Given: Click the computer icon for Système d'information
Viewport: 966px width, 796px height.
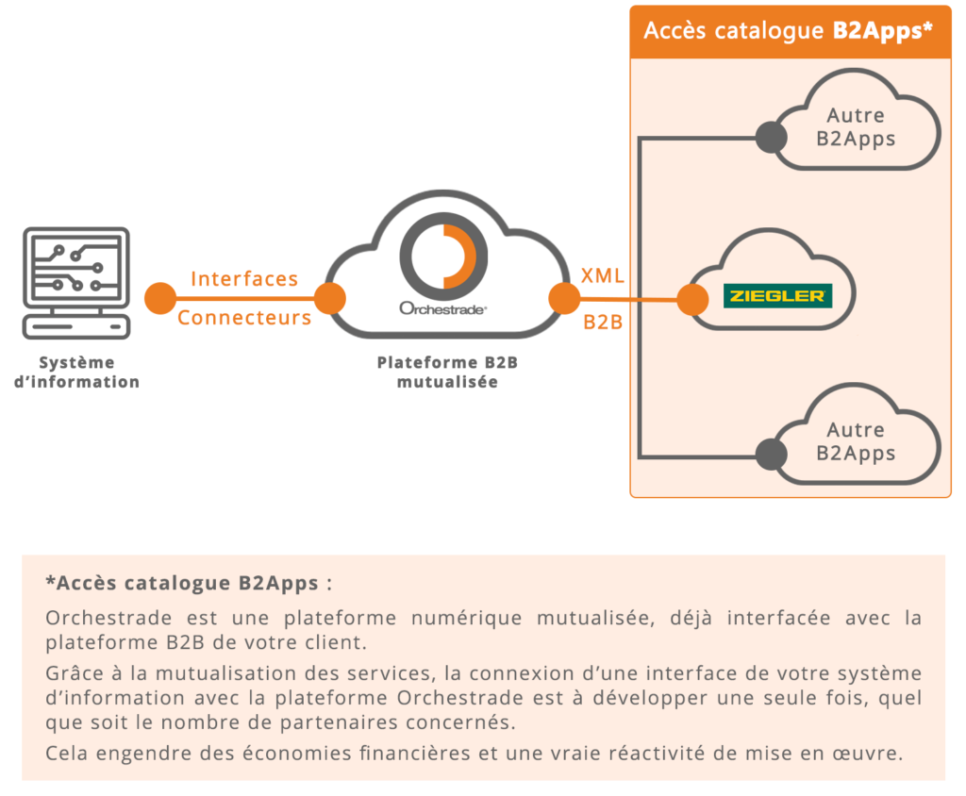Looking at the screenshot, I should tap(75, 282).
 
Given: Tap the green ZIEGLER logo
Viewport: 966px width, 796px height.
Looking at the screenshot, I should tap(777, 296).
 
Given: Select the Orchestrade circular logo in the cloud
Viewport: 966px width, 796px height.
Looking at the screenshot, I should tap(443, 256).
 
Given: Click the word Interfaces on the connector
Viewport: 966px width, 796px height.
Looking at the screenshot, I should tap(244, 279).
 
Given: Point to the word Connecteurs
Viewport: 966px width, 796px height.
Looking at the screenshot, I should tap(244, 318).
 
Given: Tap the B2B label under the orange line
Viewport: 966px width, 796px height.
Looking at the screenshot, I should tap(602, 322).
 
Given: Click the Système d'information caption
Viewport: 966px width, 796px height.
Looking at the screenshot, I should tap(76, 372).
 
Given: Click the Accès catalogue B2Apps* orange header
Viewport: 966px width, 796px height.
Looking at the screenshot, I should tap(790, 30).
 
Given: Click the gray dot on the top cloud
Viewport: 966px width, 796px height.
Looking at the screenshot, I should tap(771, 138).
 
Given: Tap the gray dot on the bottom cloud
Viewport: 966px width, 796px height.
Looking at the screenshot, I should tap(771, 453).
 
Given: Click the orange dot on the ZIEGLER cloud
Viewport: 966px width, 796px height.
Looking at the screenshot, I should tap(692, 300).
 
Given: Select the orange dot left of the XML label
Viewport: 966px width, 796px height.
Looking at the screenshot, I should tap(564, 298).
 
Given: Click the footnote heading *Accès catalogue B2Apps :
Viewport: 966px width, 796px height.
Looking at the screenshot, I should tap(189, 583).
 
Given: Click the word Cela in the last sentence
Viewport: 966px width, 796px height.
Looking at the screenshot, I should tap(66, 753).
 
